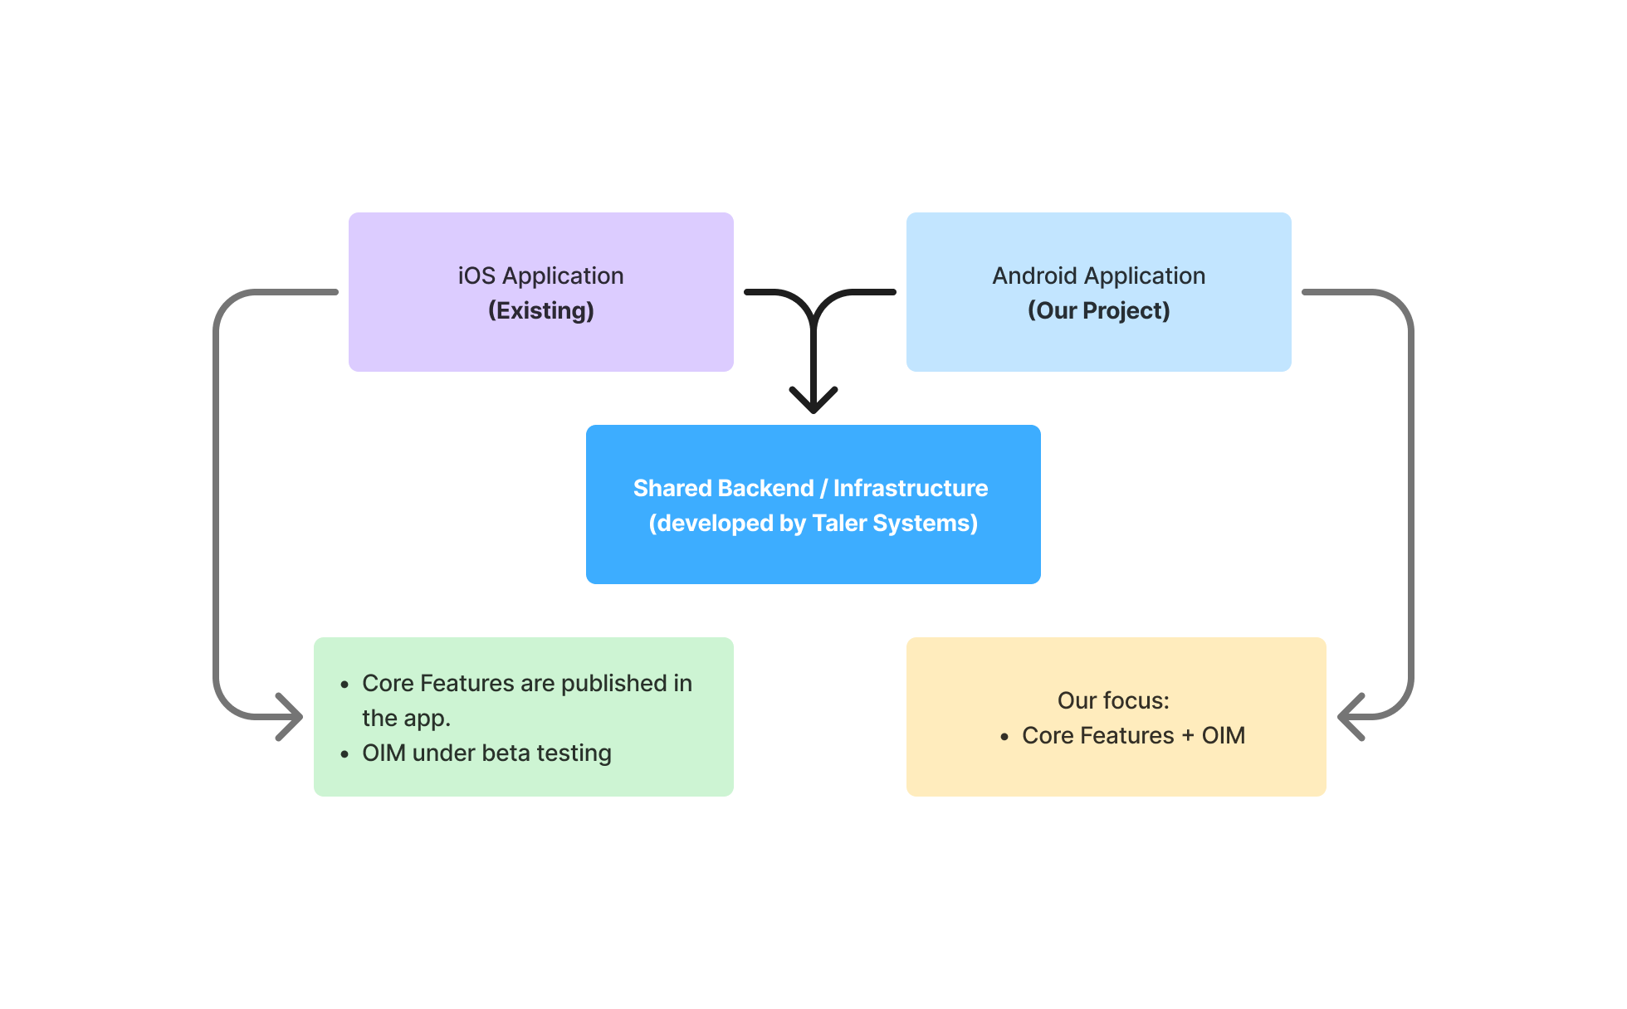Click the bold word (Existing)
point(540,310)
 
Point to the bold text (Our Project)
point(1098,310)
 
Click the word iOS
point(476,275)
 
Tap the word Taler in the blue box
point(839,523)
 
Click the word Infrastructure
point(910,488)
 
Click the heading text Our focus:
point(1113,700)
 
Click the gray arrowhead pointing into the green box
point(291,717)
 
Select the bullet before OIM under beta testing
point(344,754)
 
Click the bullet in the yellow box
point(1004,737)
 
